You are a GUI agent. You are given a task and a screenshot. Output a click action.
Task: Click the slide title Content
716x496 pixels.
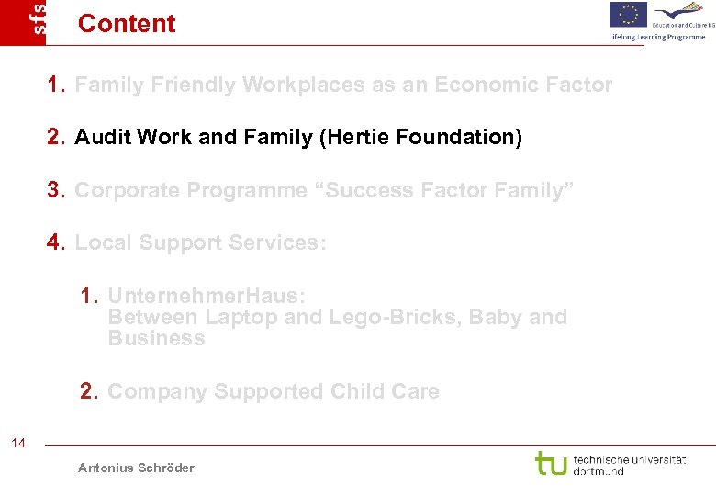[127, 23]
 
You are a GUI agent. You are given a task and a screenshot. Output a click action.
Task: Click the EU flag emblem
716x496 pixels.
[628, 15]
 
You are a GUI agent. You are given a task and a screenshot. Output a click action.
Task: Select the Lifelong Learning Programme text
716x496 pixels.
[656, 37]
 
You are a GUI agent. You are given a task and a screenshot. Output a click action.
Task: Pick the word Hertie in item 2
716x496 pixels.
[362, 138]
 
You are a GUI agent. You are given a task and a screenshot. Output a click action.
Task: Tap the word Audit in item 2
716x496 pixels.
[102, 138]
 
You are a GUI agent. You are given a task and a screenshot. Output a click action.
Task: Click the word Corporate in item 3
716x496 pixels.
[129, 190]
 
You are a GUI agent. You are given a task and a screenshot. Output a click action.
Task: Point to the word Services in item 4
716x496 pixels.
[274, 242]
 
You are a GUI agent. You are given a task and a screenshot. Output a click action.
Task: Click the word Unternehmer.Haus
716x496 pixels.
[207, 296]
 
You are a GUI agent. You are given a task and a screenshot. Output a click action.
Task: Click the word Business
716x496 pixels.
[156, 338]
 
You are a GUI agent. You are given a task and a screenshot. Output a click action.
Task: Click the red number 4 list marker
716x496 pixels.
[56, 242]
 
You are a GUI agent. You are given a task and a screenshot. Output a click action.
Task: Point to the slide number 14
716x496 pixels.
[18, 444]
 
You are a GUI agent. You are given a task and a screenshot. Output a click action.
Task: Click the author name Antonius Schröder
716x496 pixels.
[136, 468]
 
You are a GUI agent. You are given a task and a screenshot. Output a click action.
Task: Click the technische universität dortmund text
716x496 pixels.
[629, 464]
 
